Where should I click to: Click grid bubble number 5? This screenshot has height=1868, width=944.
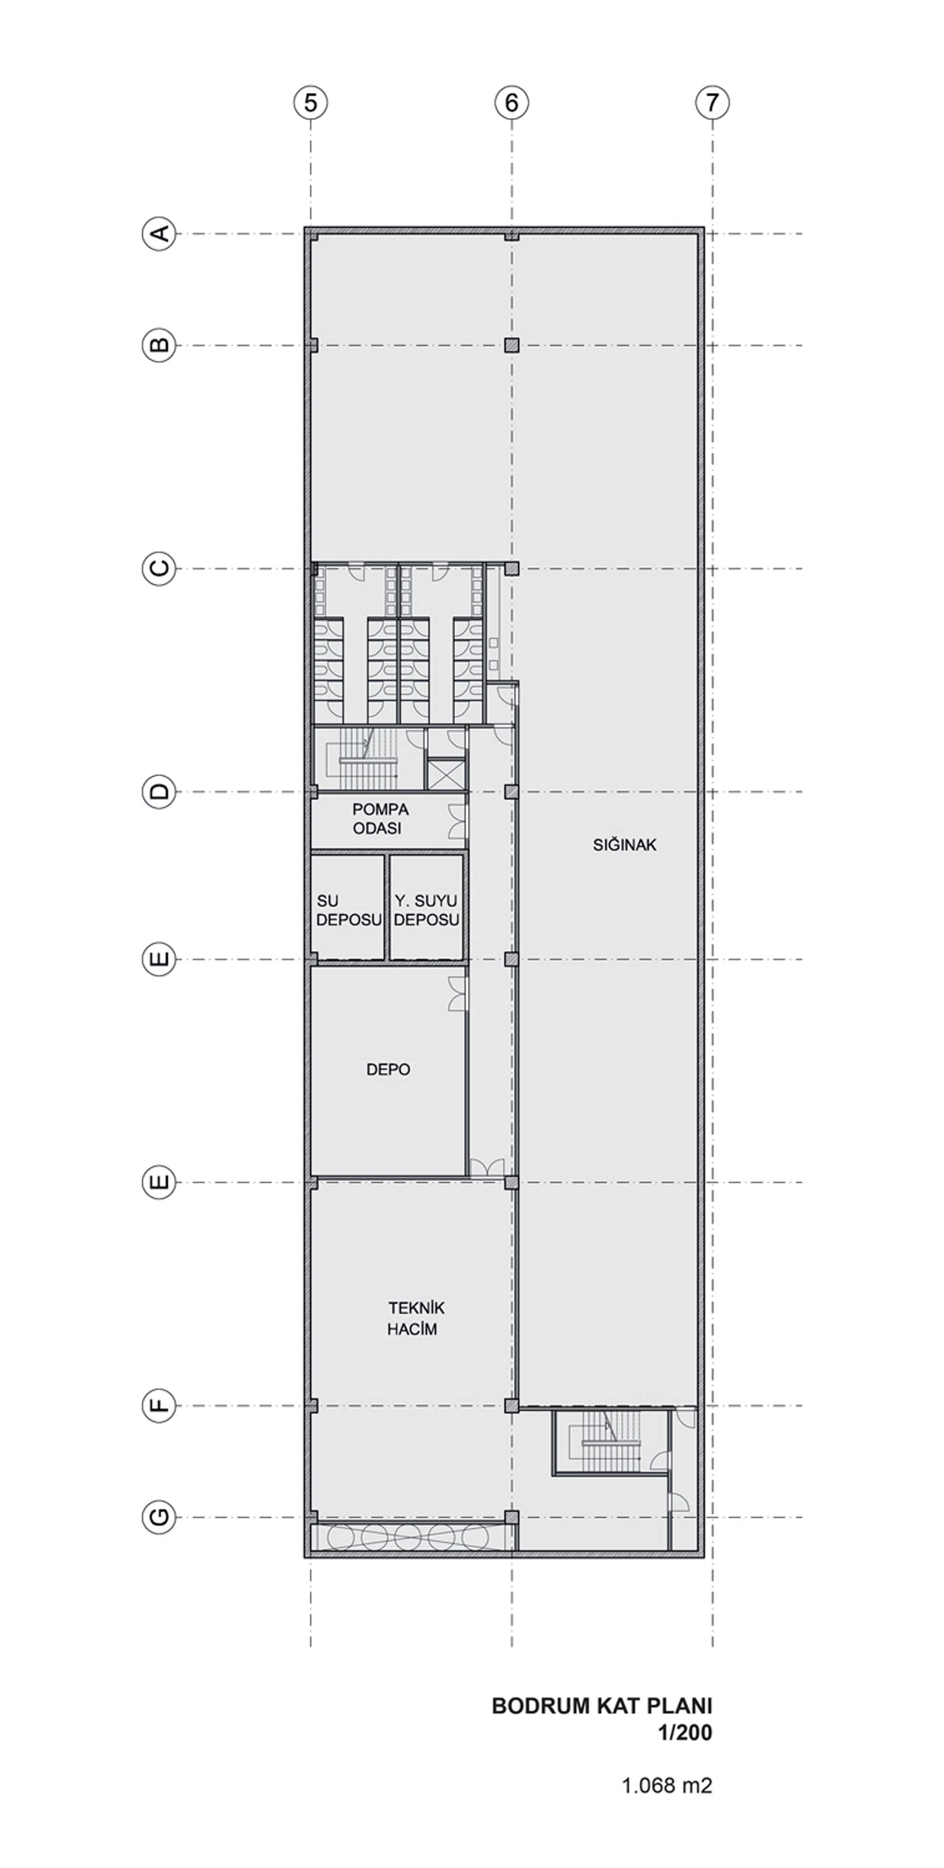[x=310, y=102]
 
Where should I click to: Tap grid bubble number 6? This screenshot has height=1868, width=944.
[x=511, y=102]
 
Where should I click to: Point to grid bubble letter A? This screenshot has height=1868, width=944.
[x=158, y=234]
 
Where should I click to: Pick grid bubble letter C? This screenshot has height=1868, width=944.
[x=158, y=569]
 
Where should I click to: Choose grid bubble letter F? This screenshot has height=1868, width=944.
[x=158, y=1406]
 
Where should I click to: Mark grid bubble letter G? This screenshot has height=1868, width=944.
[x=158, y=1517]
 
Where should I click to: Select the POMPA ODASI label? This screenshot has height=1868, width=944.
[x=380, y=819]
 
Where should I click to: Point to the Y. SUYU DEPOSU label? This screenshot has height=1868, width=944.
[x=426, y=910]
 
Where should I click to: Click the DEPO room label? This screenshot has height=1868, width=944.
[x=388, y=1069]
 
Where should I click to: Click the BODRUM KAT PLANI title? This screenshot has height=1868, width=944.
[x=602, y=1706]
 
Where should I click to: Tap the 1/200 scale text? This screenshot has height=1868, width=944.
[x=685, y=1733]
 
